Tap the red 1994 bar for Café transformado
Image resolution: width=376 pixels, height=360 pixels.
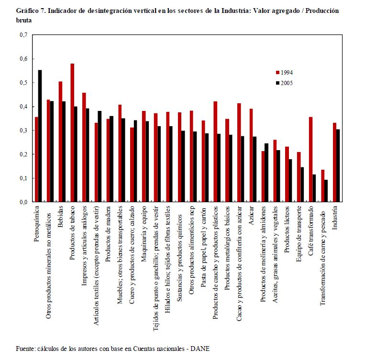[310, 160]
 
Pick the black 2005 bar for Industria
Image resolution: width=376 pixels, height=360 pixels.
[339, 166]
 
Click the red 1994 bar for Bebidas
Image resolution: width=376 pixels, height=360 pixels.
[60, 142]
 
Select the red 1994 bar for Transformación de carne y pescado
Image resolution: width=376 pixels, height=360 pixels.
[322, 186]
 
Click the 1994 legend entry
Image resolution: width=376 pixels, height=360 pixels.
[284, 73]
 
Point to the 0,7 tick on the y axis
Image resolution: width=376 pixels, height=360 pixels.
[23, 35]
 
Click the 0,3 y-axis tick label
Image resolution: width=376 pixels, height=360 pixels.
[23, 131]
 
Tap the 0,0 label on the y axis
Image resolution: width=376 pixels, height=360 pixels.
[23, 202]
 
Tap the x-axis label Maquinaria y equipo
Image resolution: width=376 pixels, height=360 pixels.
[144, 231]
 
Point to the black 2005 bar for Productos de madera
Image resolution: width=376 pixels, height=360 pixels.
[112, 159]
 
